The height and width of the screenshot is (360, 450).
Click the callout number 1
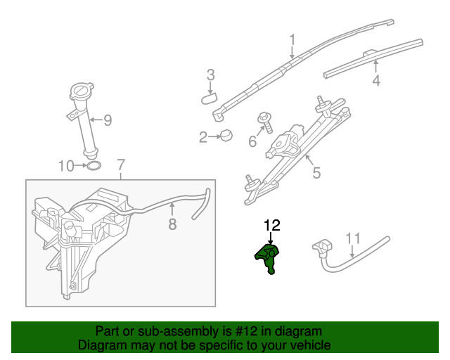(292, 40)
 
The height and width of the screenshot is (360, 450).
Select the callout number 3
(210, 75)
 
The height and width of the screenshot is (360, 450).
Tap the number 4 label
(376, 81)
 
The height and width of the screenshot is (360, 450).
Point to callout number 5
(316, 172)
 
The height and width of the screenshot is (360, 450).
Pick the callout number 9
(108, 120)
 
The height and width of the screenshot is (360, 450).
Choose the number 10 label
(65, 167)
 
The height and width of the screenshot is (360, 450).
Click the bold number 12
(271, 226)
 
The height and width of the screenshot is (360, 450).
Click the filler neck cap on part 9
(82, 91)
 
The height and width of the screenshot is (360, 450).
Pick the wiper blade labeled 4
(373, 58)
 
